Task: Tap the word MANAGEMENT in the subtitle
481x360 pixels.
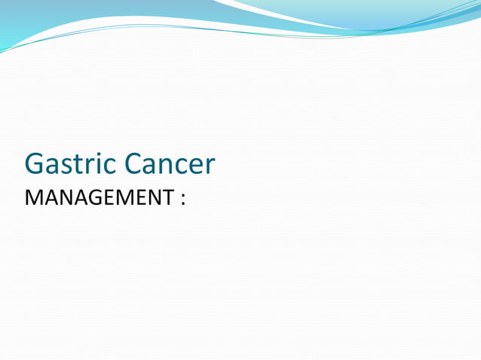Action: (x=98, y=199)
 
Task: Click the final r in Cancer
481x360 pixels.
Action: (x=210, y=167)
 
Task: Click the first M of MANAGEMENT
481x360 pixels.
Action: (x=33, y=199)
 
